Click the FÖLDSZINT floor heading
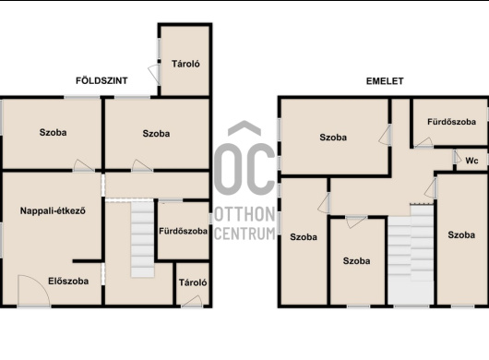pos(101,81)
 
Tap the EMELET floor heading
pos(385,81)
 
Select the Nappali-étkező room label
pos(53,210)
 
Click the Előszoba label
pos(68,281)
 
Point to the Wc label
pos(471,161)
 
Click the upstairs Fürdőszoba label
pos(451,122)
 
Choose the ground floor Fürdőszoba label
pos(183,231)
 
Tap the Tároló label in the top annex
pos(185,64)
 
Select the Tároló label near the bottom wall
pos(193,282)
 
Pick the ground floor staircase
pos(142,239)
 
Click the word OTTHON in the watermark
pos(244,214)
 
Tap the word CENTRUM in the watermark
pos(244,234)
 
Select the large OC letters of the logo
pos(244,169)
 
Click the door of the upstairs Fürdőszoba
pos(423,142)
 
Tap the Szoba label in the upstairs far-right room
pos(461,234)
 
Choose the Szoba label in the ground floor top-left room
pos(53,132)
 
